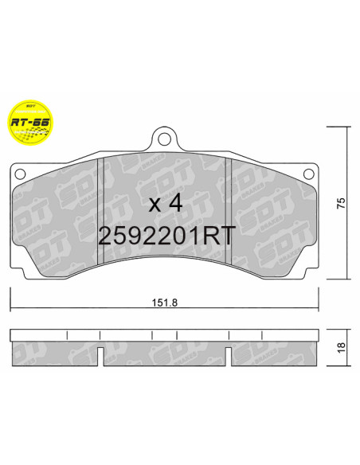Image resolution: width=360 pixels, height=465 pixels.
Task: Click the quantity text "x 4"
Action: point(166,202)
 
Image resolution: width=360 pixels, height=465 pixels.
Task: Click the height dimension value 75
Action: point(340,202)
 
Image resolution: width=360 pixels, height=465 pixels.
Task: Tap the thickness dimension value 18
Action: point(340,347)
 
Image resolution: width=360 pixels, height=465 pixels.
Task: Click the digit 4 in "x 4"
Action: point(176,202)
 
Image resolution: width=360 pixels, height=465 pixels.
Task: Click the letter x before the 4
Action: point(155,204)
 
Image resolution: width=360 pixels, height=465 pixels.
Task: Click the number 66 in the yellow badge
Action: point(39,123)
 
